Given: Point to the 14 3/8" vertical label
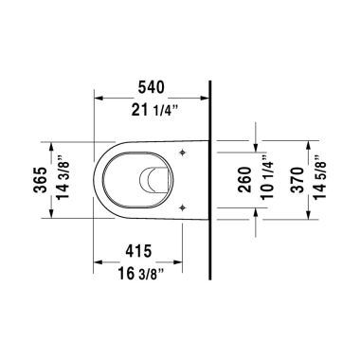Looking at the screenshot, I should click(x=63, y=179).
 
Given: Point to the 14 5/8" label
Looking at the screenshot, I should click(x=323, y=179).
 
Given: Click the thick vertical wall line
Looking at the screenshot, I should click(x=208, y=180).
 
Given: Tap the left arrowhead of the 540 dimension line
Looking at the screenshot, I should click(x=99, y=96).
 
